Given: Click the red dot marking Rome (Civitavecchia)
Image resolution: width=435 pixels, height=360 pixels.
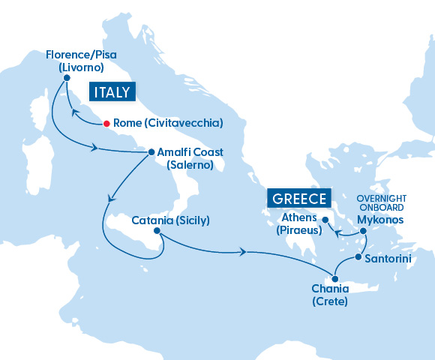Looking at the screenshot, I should [106, 122].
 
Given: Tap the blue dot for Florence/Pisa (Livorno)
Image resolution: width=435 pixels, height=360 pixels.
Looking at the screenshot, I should [67, 78].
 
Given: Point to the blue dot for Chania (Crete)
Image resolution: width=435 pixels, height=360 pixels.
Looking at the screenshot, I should [334, 278].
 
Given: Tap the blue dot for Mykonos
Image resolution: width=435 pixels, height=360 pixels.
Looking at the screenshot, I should [362, 231].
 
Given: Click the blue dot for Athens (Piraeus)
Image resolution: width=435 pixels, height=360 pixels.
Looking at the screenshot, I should [325, 220].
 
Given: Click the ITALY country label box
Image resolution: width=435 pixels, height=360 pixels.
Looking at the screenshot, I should [111, 93].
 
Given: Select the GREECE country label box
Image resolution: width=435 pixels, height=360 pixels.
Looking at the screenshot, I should [299, 199].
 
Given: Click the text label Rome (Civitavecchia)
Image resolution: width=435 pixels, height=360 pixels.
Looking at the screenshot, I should [166, 123].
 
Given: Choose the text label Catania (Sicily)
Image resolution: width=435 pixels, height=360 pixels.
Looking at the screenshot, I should [170, 220].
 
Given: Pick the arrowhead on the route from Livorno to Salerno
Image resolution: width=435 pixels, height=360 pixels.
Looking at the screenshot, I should [94, 148].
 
